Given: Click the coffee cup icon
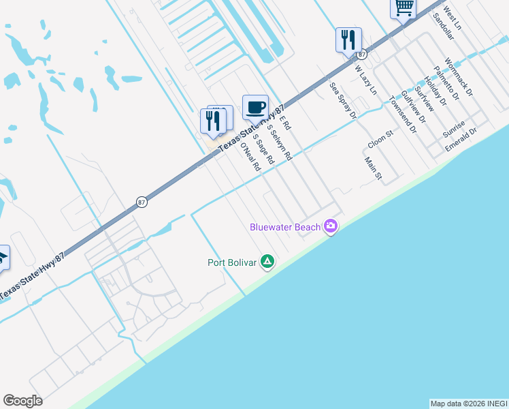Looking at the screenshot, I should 255,107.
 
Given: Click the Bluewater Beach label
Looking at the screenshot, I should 285,227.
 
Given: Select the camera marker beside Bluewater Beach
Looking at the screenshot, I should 331,226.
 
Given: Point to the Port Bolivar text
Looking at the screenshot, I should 233,262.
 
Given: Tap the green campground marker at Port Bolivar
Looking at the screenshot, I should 268,262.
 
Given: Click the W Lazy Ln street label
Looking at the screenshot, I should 365,79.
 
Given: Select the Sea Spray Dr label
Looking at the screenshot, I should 343,101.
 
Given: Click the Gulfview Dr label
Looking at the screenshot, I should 413,106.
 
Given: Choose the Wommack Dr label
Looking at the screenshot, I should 459,75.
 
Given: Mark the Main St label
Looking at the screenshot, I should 373,168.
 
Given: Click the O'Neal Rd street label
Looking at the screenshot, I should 250,157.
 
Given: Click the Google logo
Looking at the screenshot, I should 22,401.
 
